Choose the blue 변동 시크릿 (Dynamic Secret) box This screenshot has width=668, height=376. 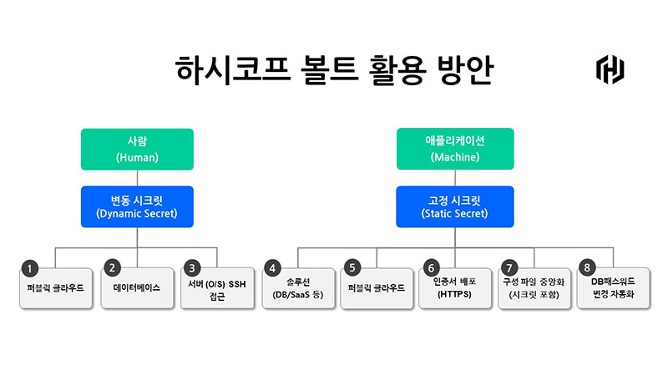coord(136,206)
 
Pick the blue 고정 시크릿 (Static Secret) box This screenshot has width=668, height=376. coord(454,206)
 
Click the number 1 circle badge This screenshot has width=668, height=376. coord(30,269)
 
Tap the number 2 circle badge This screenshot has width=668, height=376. coord(111,268)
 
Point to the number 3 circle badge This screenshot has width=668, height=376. coord(192,268)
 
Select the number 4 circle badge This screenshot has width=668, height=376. coord(272,268)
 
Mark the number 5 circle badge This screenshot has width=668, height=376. coord(352,268)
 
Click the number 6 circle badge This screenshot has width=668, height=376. coord(431,268)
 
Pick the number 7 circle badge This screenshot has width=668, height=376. coord(510,268)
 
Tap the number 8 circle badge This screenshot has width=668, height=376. coord(589,268)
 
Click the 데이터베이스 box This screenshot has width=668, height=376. coord(136,288)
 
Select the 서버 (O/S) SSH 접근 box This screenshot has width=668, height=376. coord(216,288)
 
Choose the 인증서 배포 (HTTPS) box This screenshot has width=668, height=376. coord(455,288)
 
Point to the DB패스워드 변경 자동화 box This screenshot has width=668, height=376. coord(613,288)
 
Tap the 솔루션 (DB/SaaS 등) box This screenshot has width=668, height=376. coord(296,288)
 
